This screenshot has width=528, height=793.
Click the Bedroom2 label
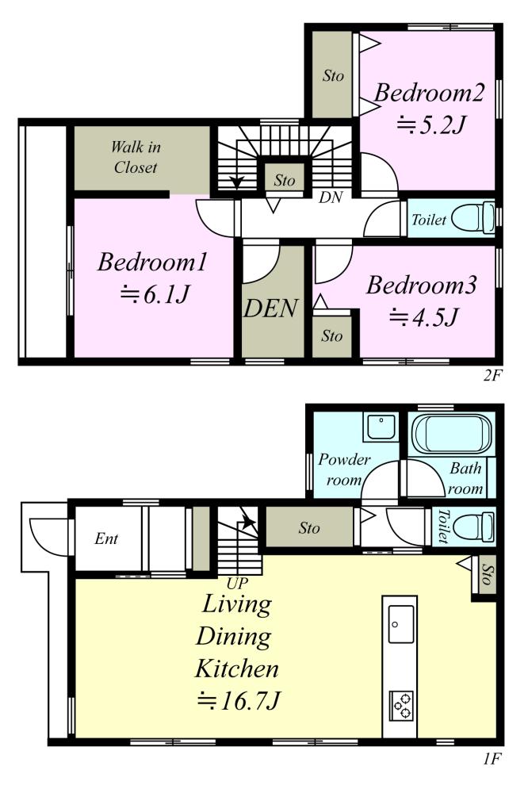pos(429,93)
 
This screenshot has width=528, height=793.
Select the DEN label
pos(271,308)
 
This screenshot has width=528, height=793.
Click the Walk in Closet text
pos(136,157)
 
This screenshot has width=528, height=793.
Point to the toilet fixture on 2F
pos(473,217)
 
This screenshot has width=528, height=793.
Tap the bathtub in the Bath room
pos(452,435)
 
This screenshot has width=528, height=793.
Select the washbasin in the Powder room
pos(381,427)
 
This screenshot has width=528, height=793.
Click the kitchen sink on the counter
pos(400,624)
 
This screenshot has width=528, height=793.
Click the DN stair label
pos(331,197)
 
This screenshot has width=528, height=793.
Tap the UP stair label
pos(237,584)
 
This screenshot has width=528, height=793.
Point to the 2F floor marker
pos(492,375)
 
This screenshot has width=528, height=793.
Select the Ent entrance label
pos(106,538)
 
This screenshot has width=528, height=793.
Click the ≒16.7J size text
pos(238,701)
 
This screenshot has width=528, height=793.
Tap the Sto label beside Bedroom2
pos(333,76)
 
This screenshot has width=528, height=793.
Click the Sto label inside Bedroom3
pos(331,335)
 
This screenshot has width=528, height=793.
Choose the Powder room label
pos(343,469)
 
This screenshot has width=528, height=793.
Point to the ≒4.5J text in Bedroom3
pos(424,317)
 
